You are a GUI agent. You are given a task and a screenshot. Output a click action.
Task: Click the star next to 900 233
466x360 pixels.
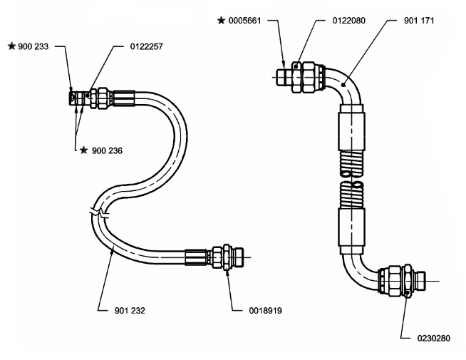click(x=11, y=47)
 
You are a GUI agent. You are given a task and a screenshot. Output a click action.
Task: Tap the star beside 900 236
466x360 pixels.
click(x=85, y=150)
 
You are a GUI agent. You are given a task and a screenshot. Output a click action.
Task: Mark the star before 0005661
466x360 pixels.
click(x=222, y=21)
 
